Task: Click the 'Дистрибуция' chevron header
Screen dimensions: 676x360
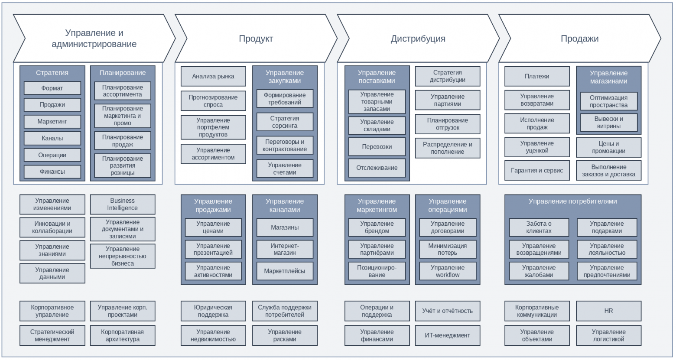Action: tap(418, 38)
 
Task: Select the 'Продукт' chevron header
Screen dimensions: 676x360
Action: tap(256, 38)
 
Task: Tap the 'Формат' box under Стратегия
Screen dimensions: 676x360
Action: tap(52, 88)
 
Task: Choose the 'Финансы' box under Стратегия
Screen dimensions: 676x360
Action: tap(52, 172)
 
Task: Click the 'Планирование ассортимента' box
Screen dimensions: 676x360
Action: tap(123, 91)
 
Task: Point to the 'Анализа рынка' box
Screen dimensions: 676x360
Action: tap(213, 76)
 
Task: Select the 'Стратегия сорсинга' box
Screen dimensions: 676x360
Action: tap(285, 122)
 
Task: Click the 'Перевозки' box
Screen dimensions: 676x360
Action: tap(377, 147)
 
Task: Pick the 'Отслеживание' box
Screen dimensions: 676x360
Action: tap(377, 168)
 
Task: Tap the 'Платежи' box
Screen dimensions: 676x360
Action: tap(537, 76)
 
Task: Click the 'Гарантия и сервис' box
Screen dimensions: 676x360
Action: tap(537, 171)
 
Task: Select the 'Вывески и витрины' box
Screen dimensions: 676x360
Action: tap(609, 123)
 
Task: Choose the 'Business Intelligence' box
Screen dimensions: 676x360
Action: tap(123, 204)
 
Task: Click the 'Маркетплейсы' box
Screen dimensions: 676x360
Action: tap(285, 271)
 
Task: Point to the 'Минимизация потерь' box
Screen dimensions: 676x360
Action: tap(448, 249)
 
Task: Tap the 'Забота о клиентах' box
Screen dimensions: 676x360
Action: tap(539, 227)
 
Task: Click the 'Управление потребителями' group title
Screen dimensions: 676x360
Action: tap(572, 201)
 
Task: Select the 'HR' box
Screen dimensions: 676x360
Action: tap(608, 311)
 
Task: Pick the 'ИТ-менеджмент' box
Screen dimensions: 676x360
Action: tap(448, 335)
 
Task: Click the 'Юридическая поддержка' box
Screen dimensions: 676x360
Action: tap(213, 311)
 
